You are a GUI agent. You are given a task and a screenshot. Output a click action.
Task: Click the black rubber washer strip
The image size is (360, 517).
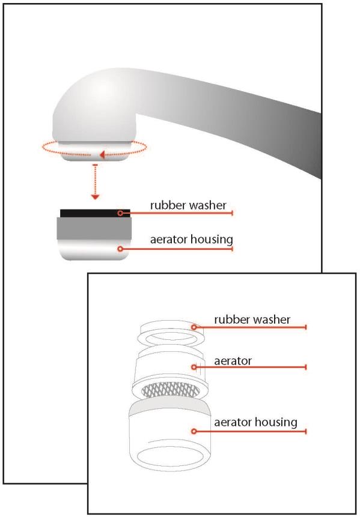click(95, 213)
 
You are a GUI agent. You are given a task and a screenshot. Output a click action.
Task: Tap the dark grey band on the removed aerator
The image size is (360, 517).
click(94, 228)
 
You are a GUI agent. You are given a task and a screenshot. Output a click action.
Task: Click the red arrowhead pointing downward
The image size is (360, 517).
click(96, 197)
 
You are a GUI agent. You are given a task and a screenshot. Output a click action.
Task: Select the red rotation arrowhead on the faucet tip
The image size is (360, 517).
click(102, 154)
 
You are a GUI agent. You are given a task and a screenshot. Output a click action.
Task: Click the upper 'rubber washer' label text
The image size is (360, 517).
click(188, 205)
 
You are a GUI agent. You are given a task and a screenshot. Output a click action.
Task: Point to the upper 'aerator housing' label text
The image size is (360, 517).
click(191, 240)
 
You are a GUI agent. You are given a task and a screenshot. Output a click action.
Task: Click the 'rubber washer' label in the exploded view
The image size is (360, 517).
click(252, 319)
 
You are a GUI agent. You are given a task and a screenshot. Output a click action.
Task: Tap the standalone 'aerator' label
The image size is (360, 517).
click(233, 361)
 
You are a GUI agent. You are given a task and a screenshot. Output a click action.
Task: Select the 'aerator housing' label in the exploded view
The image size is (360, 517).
click(256, 422)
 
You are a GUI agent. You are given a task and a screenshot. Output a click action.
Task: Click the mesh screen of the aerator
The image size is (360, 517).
click(170, 390)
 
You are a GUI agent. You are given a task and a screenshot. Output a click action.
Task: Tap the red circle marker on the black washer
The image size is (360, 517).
click(120, 213)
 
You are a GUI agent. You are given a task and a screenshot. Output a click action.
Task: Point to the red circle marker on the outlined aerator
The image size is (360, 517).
click(194, 367)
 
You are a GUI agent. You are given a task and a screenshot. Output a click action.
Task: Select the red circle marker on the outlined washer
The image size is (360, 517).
click(194, 327)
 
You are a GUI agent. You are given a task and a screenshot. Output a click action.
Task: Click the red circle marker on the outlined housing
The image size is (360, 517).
click(194, 431)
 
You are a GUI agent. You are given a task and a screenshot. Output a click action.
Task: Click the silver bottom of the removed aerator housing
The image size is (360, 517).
click(94, 250)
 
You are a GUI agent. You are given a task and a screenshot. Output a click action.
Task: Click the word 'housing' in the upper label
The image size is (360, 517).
click(212, 240)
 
